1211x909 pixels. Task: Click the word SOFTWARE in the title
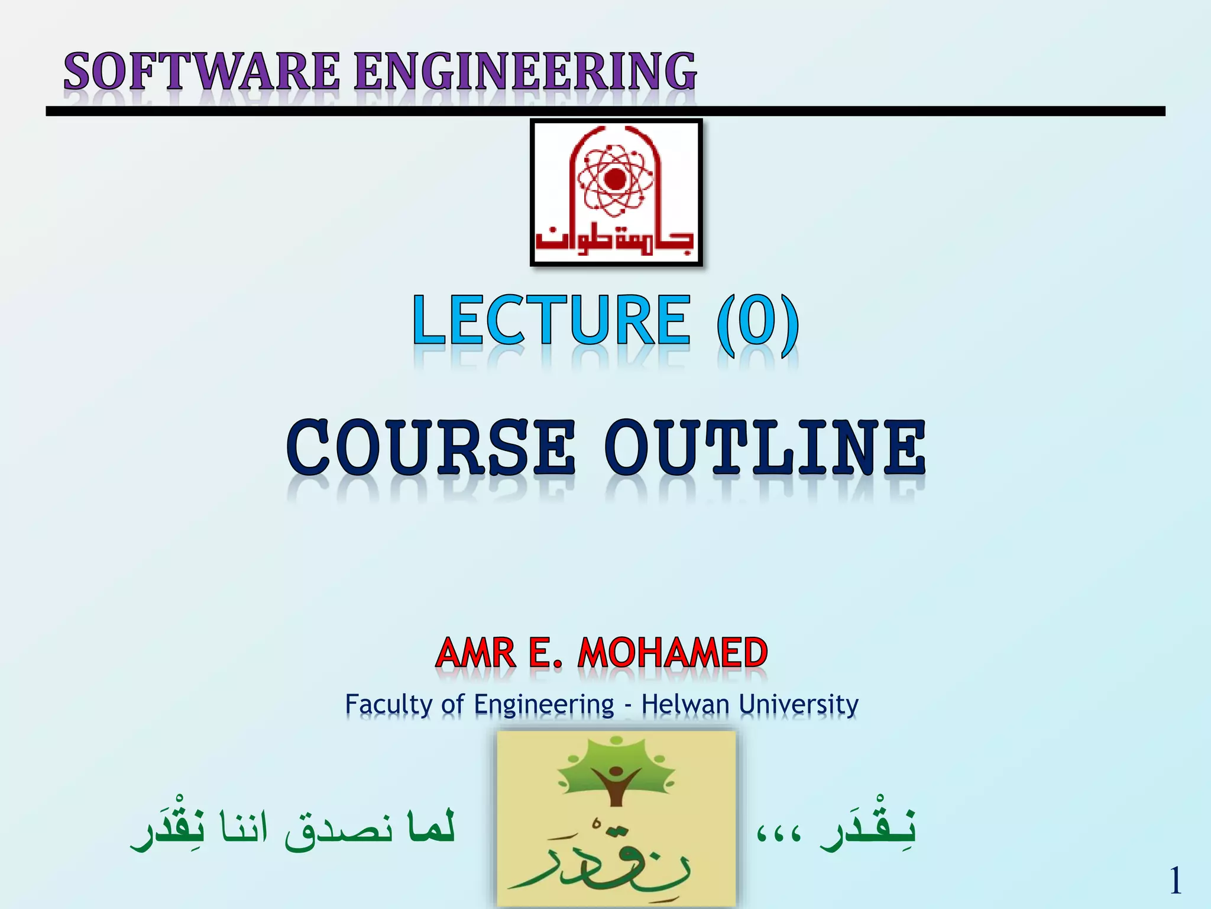[201, 72]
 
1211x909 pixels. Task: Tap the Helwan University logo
[616, 192]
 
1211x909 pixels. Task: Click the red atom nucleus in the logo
[616, 178]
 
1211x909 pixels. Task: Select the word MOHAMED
[672, 653]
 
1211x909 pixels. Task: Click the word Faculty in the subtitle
[388, 705]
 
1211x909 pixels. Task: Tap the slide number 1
[1176, 880]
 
